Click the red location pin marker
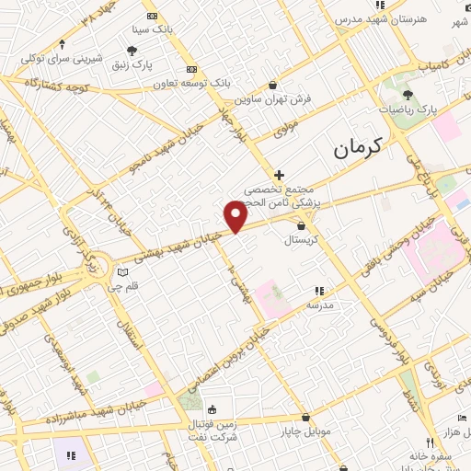point(235,215)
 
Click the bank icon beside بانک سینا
point(153,16)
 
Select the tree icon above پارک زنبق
point(132,51)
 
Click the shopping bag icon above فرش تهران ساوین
point(272,86)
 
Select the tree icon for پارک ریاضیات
point(407,95)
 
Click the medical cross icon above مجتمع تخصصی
point(279,174)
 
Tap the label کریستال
point(301,238)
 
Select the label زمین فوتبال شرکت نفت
point(212,429)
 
